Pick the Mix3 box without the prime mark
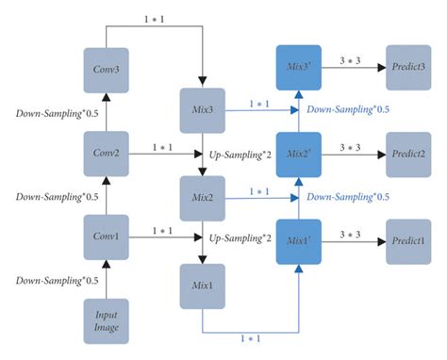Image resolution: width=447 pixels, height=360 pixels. pyautogui.click(x=203, y=110)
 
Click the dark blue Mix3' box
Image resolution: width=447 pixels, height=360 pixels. pyautogui.click(x=298, y=69)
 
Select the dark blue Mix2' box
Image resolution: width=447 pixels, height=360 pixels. pyautogui.click(x=298, y=152)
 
